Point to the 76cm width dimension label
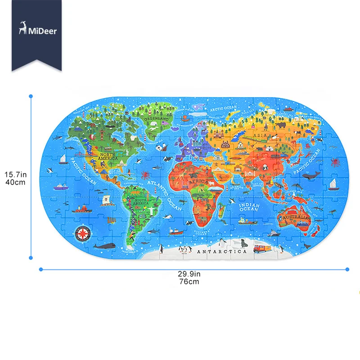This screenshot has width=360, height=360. tap(189, 282)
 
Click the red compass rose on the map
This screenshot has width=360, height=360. tap(83, 233)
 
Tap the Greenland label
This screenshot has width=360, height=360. tap(156, 119)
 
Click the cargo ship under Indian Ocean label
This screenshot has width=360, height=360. tap(245, 220)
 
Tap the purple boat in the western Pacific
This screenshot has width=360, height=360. tap(59, 185)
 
